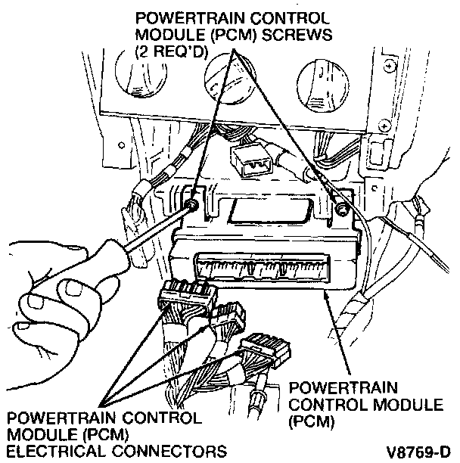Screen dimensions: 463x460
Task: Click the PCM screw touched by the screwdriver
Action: [194, 205]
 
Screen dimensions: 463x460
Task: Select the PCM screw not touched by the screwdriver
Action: [341, 206]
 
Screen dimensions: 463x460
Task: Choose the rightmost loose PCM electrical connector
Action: [265, 350]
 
